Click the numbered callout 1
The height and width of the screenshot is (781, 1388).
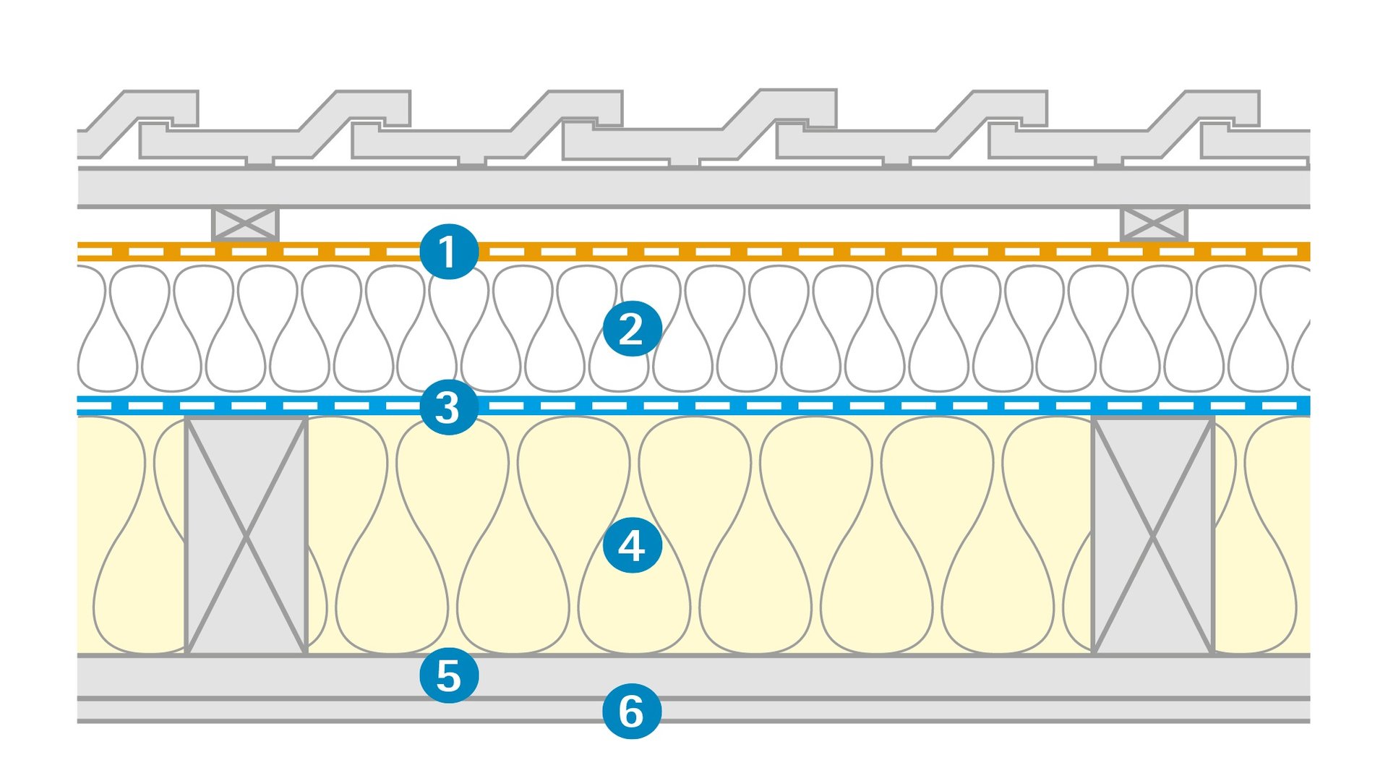click(449, 252)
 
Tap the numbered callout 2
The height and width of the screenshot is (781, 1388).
click(632, 329)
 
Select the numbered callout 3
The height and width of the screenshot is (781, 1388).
click(449, 406)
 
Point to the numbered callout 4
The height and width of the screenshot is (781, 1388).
click(632, 545)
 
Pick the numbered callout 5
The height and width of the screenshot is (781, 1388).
click(449, 675)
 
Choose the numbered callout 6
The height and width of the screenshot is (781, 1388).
click(632, 712)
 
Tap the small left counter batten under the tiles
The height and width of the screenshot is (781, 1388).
click(245, 224)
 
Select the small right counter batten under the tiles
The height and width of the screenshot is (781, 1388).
click(1154, 224)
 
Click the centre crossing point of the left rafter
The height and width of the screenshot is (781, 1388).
click(246, 536)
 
